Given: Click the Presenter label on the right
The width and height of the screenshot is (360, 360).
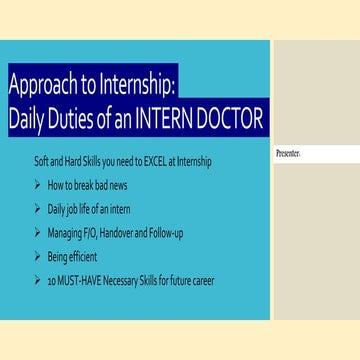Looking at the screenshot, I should tap(287, 154).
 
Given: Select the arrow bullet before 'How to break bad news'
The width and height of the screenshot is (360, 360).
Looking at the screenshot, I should tap(37, 185).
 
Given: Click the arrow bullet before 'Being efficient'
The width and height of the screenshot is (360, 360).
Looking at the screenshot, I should tap(37, 257).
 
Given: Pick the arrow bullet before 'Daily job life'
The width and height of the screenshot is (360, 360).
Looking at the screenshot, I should tap(37, 209).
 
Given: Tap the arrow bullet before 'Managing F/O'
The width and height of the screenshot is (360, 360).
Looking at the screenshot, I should tap(37, 233).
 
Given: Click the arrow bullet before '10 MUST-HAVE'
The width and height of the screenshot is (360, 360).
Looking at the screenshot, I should tap(37, 281).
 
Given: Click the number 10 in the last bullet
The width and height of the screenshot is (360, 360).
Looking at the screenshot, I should tap(52, 281).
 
